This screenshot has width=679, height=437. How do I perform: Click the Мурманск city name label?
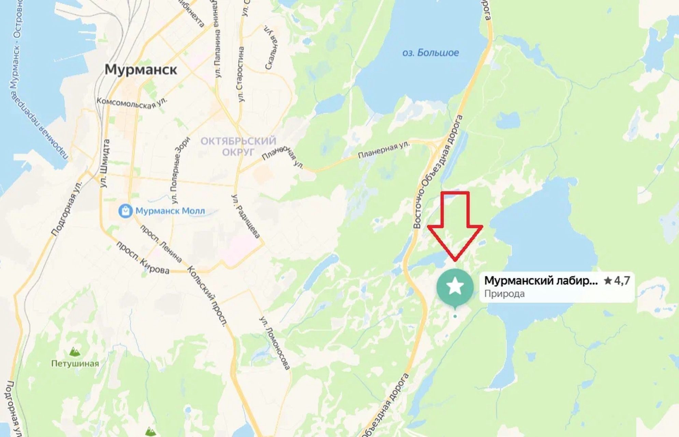(x=141, y=70)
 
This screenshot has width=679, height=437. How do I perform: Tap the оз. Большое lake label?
(x=430, y=53)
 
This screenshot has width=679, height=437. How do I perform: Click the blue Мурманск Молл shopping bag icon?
(x=125, y=211)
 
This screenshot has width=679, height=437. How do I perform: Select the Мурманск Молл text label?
(x=170, y=211)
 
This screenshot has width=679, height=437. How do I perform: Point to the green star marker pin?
(x=455, y=286)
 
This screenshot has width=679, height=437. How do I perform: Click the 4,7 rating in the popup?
(x=617, y=281)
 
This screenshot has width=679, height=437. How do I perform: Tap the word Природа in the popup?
(x=504, y=294)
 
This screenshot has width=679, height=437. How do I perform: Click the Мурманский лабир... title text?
(x=541, y=281)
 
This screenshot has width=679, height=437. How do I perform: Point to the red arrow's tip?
(x=455, y=260)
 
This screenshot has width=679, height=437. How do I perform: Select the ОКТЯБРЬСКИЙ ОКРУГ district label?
(x=238, y=146)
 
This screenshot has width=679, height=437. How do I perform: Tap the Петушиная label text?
(x=75, y=364)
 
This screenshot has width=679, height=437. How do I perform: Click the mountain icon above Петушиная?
(x=75, y=351)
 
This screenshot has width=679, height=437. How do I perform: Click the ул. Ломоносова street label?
(x=274, y=343)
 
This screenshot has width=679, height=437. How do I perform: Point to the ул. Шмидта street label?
(x=105, y=163)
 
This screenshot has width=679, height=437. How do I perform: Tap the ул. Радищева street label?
(x=246, y=216)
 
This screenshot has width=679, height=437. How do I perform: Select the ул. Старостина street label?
(x=241, y=74)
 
